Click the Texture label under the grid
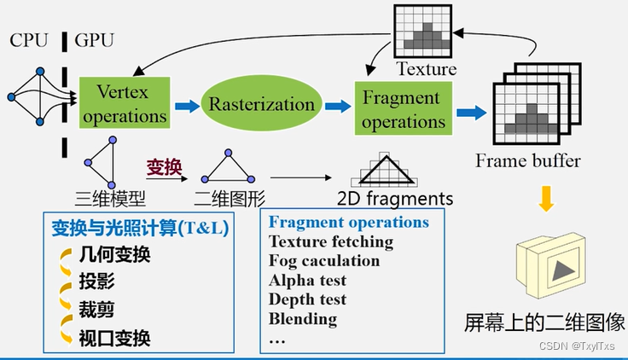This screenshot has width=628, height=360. coord(426,69)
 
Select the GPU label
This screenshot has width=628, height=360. coord(95,40)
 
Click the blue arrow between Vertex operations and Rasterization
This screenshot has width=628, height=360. coord(185,106)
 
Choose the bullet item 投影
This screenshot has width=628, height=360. coord(96,282)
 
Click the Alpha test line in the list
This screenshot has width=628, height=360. coord(308,280)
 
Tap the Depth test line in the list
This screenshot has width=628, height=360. coord(307,299)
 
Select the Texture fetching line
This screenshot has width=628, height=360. coord(331,241)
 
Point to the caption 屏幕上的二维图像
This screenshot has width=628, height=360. coord(544,322)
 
